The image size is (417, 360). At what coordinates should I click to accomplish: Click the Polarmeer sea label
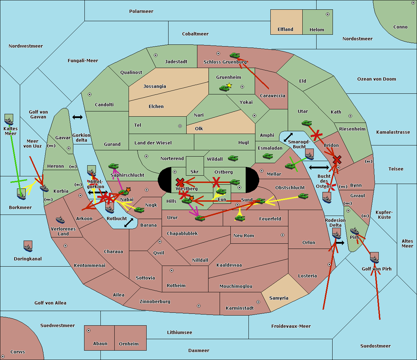(x=141, y=11)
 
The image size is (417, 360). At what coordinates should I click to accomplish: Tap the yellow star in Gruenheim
(x=229, y=85)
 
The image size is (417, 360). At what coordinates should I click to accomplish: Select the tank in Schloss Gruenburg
(x=235, y=55)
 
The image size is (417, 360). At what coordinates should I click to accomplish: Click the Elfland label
(x=285, y=30)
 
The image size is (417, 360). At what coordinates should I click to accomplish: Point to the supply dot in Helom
(x=328, y=14)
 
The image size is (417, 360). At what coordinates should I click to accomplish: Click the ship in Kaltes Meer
(x=9, y=121)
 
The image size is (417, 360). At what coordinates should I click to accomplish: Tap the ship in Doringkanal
(x=28, y=248)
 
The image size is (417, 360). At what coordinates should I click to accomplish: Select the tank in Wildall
(x=233, y=158)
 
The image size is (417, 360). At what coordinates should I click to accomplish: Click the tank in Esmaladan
(x=268, y=156)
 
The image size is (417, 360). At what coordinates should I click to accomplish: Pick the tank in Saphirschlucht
(x=113, y=166)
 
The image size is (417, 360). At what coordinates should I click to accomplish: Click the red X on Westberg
(x=180, y=182)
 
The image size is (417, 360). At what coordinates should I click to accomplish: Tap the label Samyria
(x=279, y=298)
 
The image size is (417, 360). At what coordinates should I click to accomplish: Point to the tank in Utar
(x=306, y=123)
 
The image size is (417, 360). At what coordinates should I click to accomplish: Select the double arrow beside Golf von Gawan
(x=77, y=117)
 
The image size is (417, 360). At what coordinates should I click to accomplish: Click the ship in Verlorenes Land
(x=60, y=220)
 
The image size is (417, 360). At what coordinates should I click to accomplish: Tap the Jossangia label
(x=155, y=86)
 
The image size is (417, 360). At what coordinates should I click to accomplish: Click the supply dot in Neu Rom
(x=283, y=235)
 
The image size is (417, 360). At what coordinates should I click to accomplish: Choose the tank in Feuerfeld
(x=240, y=218)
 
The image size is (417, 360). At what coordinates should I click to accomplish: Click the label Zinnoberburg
(x=155, y=302)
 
